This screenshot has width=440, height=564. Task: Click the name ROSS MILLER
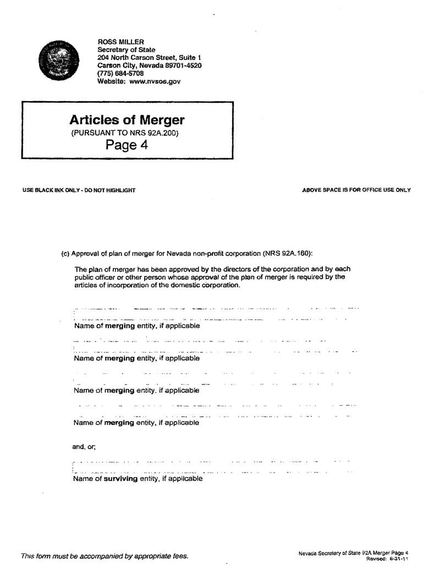(120, 42)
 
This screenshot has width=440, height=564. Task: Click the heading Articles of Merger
(127, 120)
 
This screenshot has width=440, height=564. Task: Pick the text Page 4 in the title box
(127, 145)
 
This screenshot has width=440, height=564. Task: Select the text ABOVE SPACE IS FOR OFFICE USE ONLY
(356, 190)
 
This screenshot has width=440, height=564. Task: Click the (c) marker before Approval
(65, 253)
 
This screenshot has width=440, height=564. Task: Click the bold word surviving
(120, 479)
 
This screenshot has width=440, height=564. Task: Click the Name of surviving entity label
(137, 479)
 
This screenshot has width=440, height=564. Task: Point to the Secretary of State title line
(126, 50)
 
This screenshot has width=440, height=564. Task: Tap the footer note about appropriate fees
(105, 556)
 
